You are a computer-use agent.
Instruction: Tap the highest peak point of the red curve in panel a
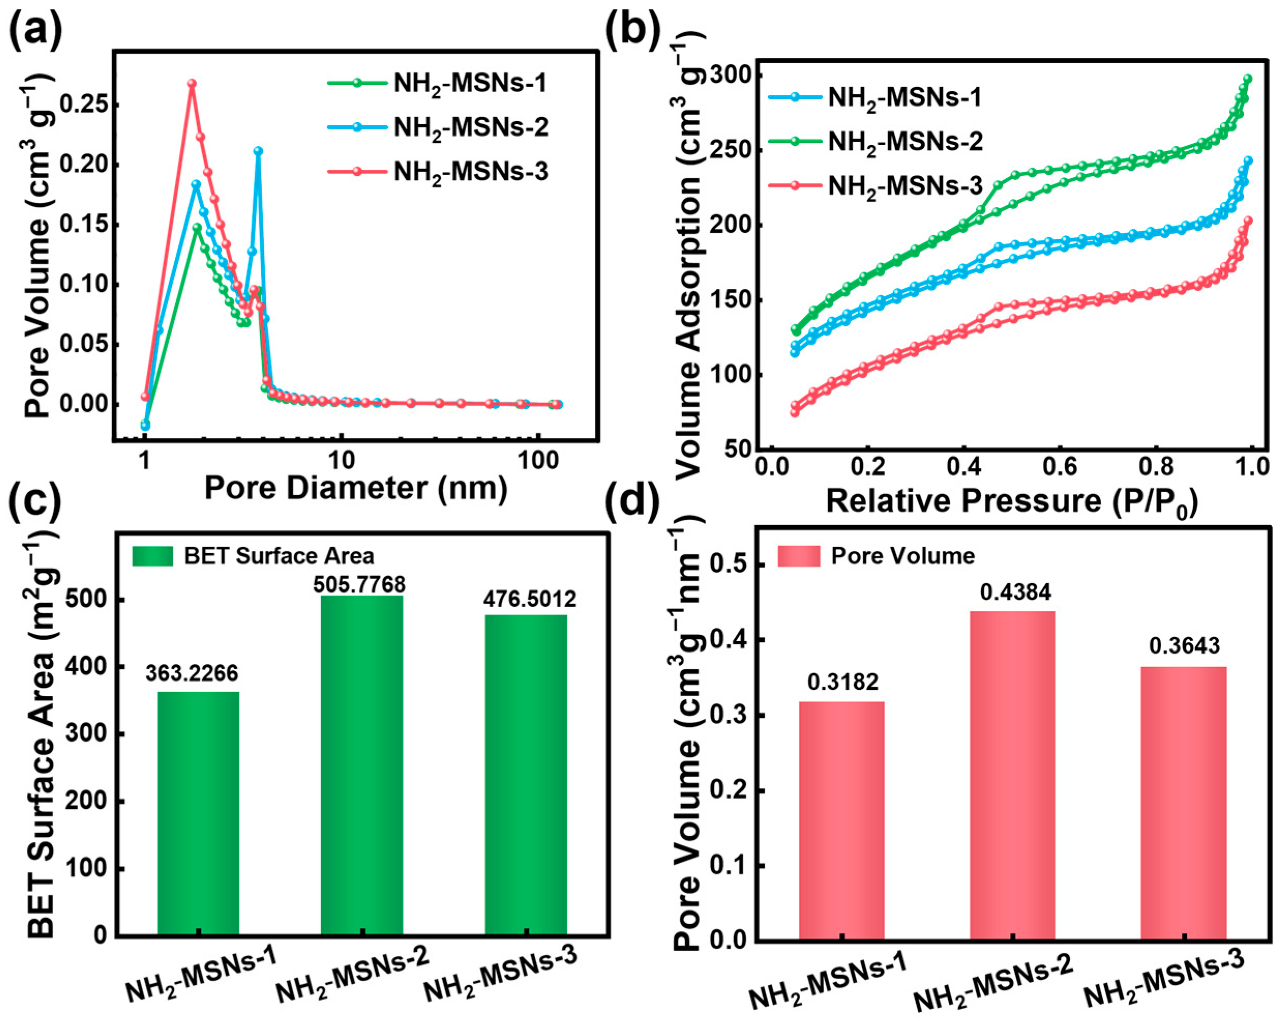192,84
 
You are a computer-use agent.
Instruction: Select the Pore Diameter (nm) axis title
356,488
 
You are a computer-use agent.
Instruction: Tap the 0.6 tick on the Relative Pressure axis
1060,467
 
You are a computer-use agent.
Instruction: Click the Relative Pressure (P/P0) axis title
1012,501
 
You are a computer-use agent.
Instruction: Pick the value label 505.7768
360,584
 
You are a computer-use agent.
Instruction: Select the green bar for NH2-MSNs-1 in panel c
198,813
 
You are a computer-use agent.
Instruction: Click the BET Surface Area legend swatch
153,556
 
